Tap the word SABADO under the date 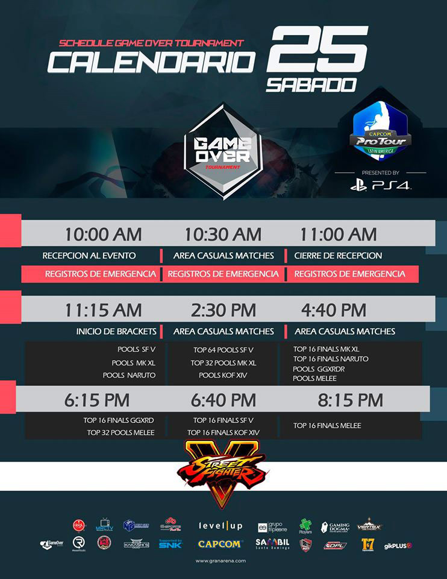coord(311,84)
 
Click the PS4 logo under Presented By coord(381,185)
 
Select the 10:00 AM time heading coord(104,234)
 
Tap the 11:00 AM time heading coord(338,234)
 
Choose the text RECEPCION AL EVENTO coord(89,256)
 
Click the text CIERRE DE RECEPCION coord(338,256)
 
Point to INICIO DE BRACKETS coord(116,331)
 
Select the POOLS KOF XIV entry coord(223,375)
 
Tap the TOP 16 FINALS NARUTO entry coord(331,359)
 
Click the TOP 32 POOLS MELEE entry coord(120,432)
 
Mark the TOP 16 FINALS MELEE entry coord(327,425)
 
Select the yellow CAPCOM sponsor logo coord(220,544)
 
